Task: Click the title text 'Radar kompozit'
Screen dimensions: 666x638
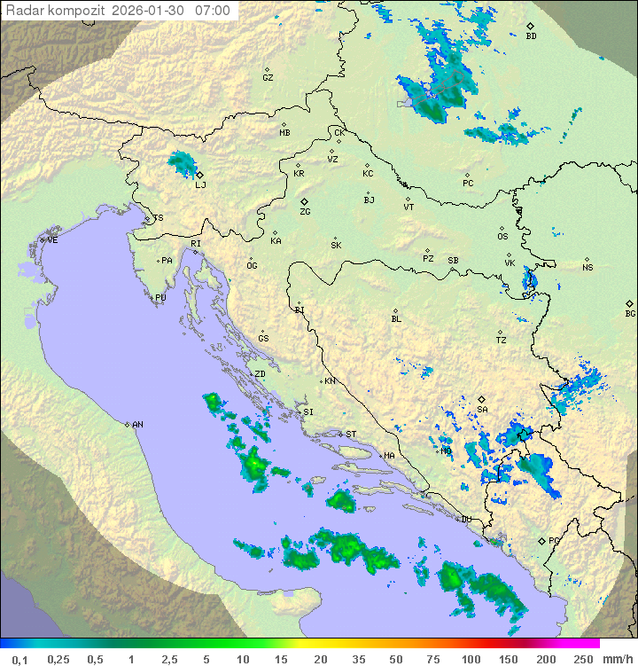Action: click(x=51, y=11)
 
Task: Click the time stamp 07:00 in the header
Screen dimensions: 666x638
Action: click(x=213, y=11)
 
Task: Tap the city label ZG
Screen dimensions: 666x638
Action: click(x=305, y=212)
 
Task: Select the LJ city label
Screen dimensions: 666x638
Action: click(x=200, y=184)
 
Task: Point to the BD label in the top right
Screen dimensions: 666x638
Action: click(x=531, y=36)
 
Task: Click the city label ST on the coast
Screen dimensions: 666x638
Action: click(x=351, y=435)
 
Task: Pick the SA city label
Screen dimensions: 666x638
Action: click(x=482, y=409)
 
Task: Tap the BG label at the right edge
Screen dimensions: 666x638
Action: click(x=630, y=313)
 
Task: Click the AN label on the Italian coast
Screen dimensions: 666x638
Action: click(x=137, y=425)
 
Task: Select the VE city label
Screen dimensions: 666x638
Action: click(x=52, y=240)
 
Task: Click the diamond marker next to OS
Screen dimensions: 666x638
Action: click(x=502, y=226)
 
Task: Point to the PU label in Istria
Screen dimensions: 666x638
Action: click(x=160, y=298)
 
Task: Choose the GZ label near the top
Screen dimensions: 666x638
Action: click(x=268, y=77)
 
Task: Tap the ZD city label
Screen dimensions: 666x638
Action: click(x=260, y=374)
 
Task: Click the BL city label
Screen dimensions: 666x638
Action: click(x=396, y=318)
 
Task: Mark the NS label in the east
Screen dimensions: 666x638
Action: click(x=587, y=267)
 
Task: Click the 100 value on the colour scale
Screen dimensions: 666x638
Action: click(x=471, y=659)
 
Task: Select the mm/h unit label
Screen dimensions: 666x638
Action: click(x=615, y=659)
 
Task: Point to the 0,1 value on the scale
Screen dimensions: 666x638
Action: click(x=20, y=659)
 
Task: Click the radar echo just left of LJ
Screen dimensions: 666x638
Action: click(x=182, y=162)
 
